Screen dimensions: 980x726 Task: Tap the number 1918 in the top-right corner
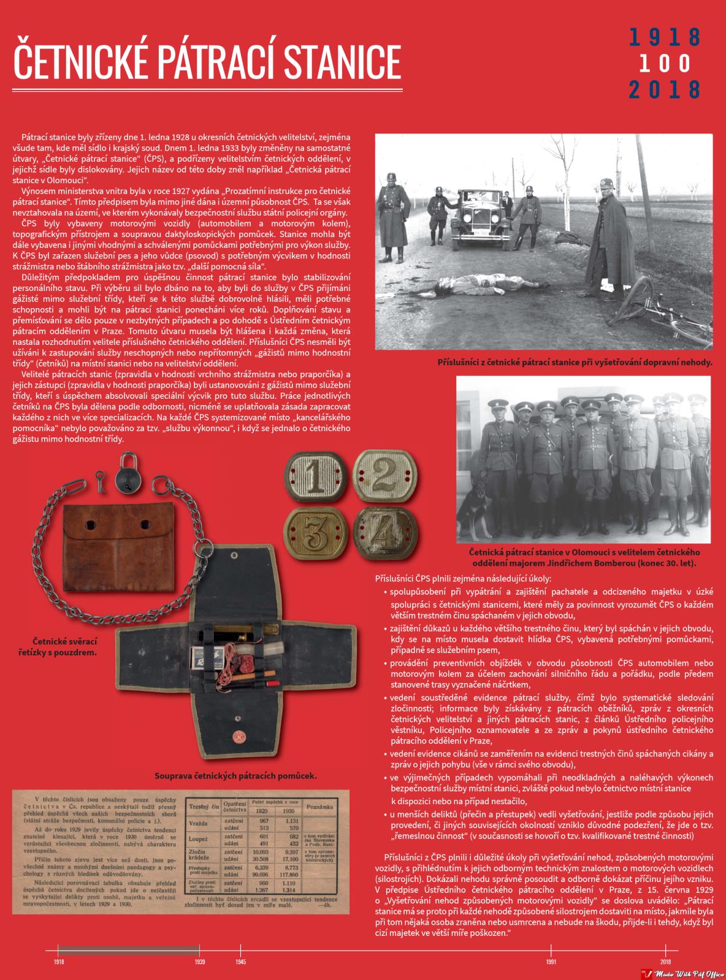[x=665, y=37]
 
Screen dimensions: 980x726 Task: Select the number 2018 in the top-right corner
[x=665, y=89]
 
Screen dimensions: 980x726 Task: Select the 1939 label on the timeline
[x=200, y=962]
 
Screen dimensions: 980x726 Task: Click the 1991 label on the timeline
[x=551, y=962]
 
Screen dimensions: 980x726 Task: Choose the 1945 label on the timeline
[x=240, y=962]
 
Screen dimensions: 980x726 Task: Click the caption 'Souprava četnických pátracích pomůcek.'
[x=236, y=776]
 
